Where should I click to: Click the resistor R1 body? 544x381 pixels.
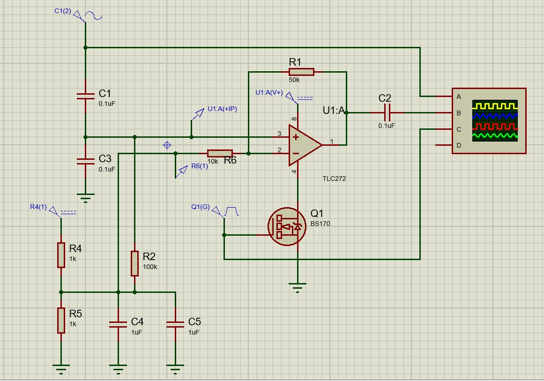tap(301, 72)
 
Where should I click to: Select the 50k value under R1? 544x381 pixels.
tap(294, 80)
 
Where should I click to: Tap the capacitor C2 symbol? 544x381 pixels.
tap(387, 112)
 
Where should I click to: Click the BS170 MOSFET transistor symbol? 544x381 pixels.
tap(287, 227)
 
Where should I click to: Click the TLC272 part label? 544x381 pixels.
tap(334, 179)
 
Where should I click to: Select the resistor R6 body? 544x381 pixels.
tap(220, 153)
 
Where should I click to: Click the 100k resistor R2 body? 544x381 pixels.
tap(134, 264)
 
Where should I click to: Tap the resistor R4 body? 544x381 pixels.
tap(61, 255)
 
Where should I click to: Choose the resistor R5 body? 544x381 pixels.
tap(61, 320)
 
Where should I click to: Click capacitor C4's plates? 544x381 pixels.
tap(118, 324)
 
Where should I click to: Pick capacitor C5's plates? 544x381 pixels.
tap(175, 324)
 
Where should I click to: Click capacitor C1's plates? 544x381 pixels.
tap(85, 96)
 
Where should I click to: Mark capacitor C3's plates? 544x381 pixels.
tap(85, 161)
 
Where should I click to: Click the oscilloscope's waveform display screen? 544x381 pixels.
tap(495, 121)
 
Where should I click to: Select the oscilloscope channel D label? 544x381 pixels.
tap(459, 145)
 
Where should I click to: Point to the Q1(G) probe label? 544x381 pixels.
tap(200, 207)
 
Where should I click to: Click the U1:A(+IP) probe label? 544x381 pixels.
tap(223, 109)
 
